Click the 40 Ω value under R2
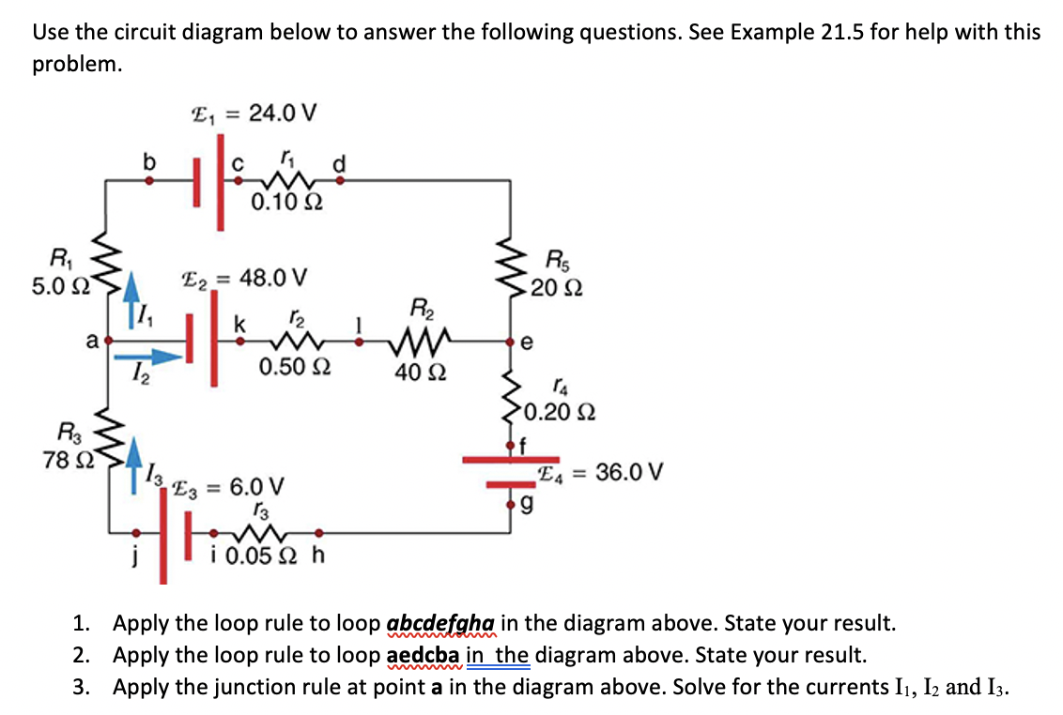tap(414, 372)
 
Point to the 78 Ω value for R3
tap(65, 460)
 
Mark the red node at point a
tap(110, 342)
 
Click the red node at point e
tap(513, 342)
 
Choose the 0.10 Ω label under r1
tap(286, 203)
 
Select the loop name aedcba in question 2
tap(424, 655)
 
